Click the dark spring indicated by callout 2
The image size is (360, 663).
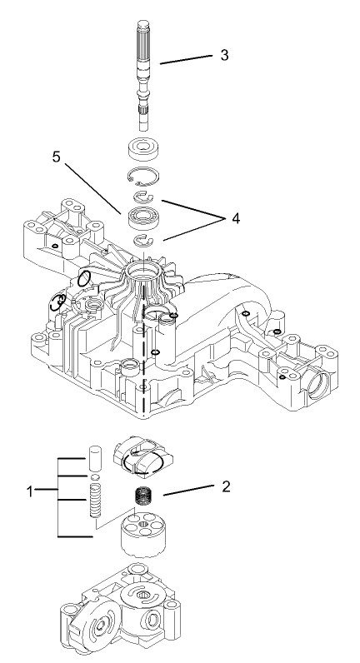[147, 501]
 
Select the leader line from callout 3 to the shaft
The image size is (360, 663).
[189, 61]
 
